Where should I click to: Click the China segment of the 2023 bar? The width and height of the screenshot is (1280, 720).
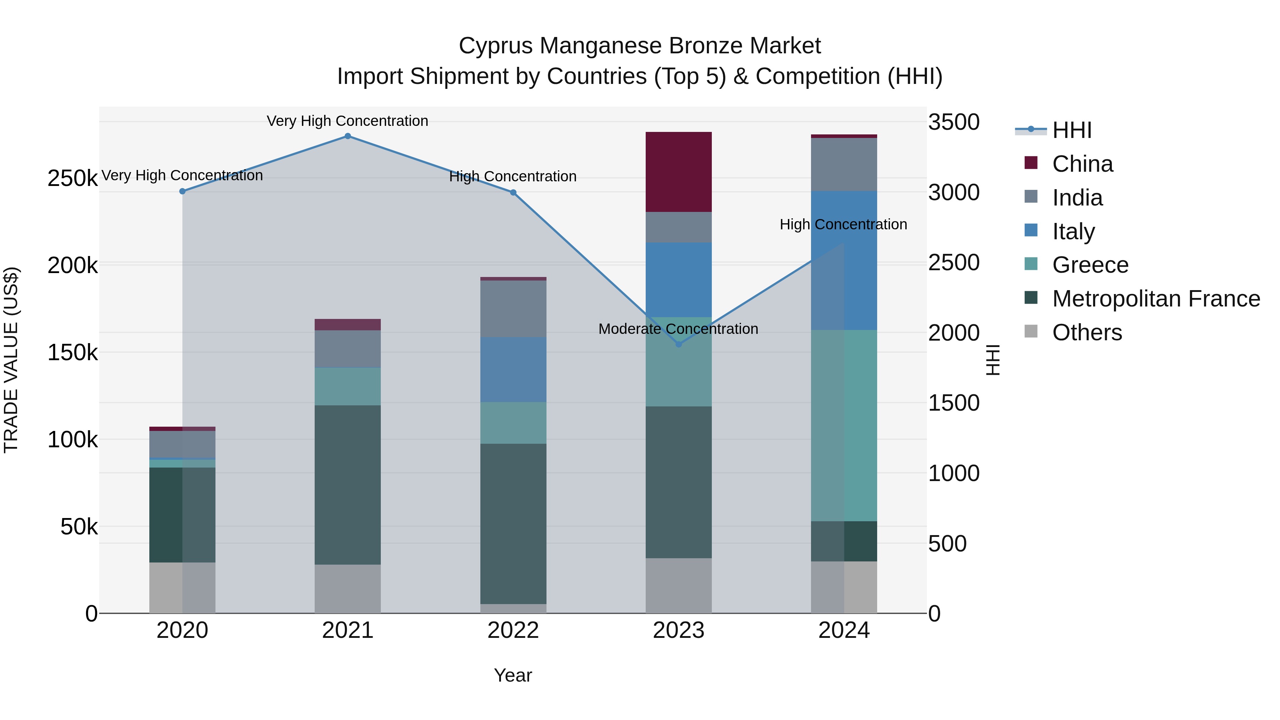[678, 172]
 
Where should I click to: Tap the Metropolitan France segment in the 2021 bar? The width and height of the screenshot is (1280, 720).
[347, 485]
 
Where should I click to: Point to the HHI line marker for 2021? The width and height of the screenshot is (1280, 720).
[347, 136]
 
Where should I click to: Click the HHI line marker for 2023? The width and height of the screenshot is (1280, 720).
[678, 344]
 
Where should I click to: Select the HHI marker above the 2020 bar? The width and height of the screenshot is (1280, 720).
[182, 191]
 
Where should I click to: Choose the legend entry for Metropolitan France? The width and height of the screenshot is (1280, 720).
[1156, 299]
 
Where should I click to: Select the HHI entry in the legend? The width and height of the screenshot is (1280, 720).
[1071, 130]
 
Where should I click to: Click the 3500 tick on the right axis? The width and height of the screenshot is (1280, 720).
[954, 122]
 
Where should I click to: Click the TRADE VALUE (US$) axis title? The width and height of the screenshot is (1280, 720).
[11, 360]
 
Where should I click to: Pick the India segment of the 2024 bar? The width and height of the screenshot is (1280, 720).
[844, 165]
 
